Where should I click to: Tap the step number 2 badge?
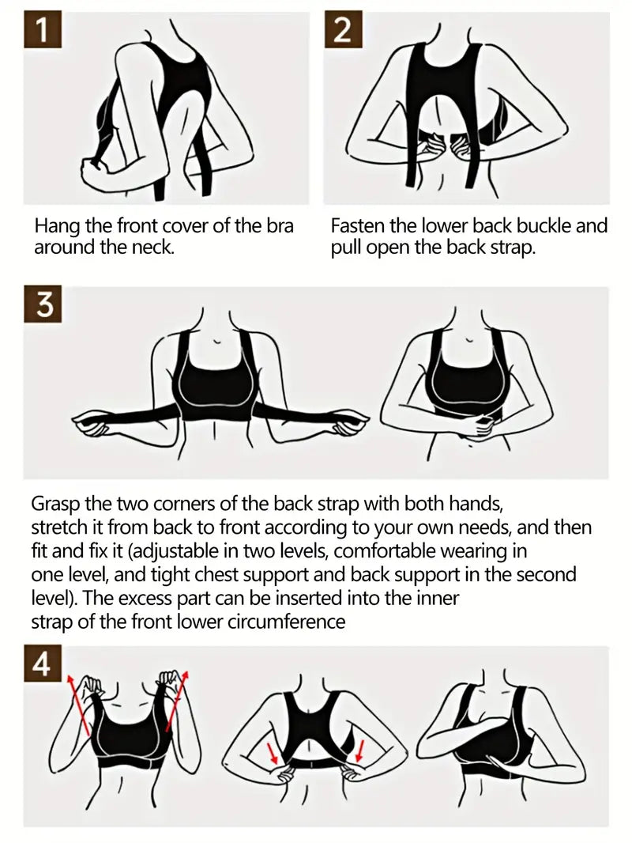(x=343, y=31)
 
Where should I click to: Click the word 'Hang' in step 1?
(x=57, y=226)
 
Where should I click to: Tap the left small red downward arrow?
(x=272, y=750)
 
